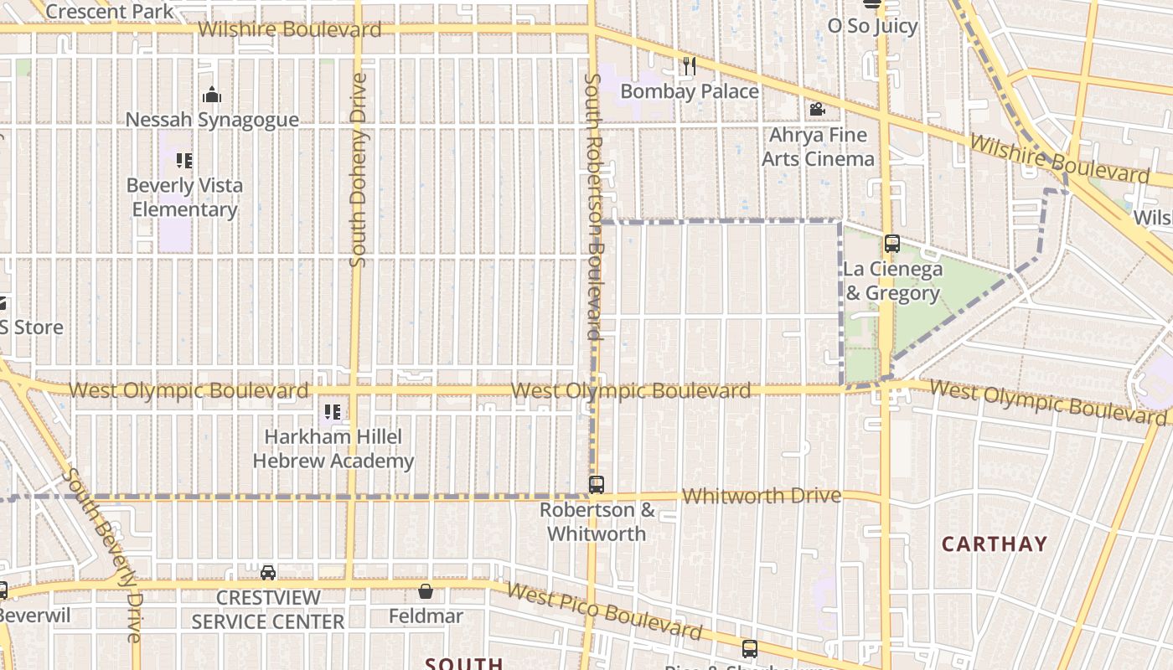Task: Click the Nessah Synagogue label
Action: (212, 120)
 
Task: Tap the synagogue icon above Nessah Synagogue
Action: (212, 95)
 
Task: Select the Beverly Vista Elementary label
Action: (184, 198)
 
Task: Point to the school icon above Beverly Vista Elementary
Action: (184, 160)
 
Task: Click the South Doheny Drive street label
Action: (358, 170)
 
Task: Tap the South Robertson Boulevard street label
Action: (594, 206)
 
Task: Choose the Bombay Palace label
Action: (690, 91)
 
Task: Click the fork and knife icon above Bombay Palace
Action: (690, 66)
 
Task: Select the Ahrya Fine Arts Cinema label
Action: (818, 147)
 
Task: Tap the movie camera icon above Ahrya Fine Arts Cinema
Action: (817, 110)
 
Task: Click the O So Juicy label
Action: (872, 26)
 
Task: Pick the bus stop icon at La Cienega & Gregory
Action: (892, 244)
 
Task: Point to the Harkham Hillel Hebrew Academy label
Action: (333, 449)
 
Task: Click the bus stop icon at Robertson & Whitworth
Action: (597, 484)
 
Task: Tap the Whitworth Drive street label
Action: (761, 496)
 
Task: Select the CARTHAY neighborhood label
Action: (995, 544)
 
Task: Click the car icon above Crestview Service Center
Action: (268, 573)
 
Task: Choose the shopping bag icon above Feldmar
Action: (426, 591)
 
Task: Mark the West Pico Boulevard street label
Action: (603, 611)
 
